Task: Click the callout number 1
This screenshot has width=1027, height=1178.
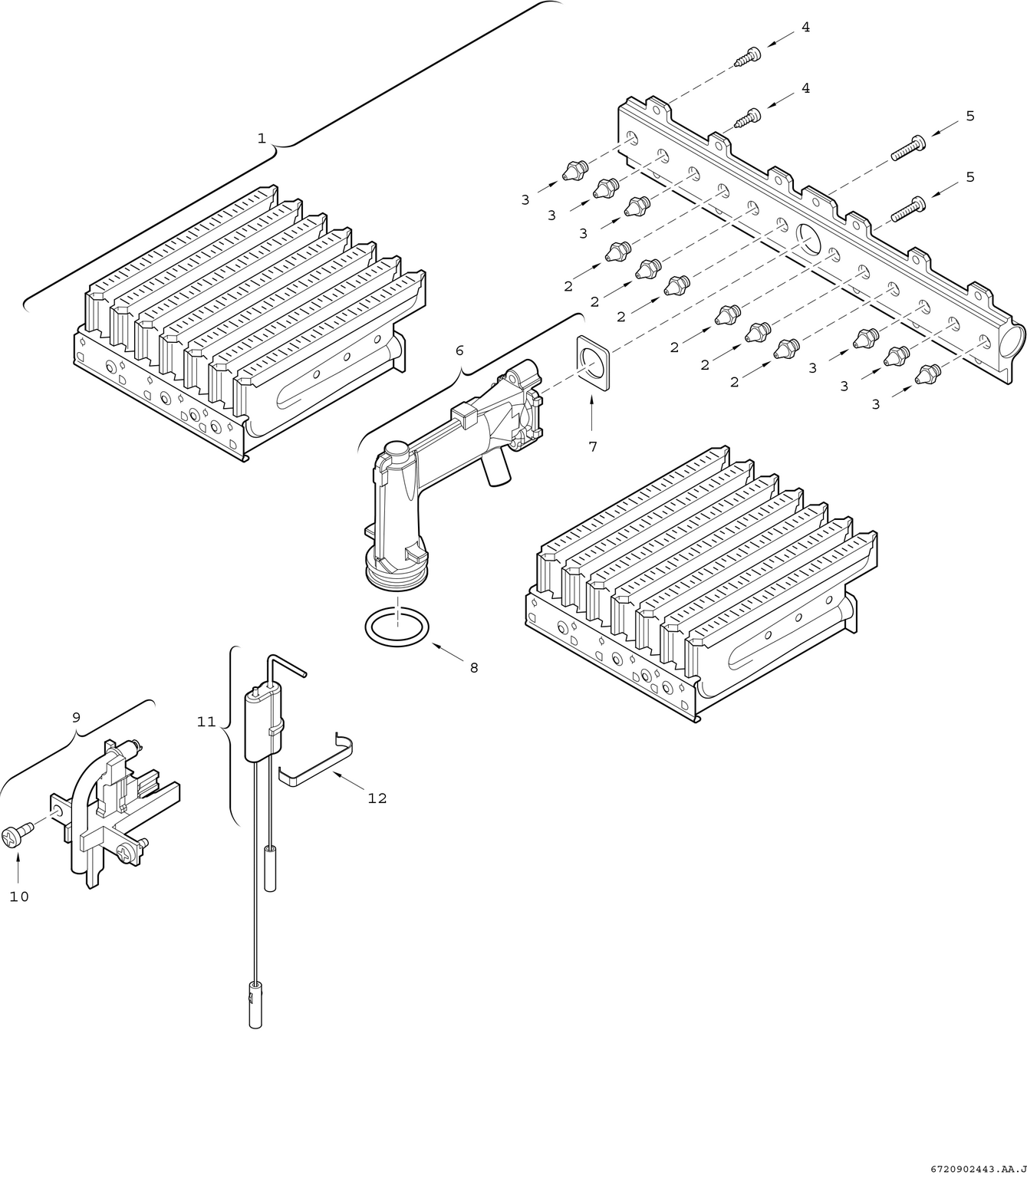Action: [x=262, y=138]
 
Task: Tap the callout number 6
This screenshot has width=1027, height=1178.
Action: [x=459, y=350]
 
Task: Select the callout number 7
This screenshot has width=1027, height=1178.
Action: [x=592, y=446]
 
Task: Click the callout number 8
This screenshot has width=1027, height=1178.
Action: [x=473, y=667]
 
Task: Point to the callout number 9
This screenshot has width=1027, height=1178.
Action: [x=76, y=717]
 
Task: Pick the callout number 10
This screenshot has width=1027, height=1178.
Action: [x=19, y=896]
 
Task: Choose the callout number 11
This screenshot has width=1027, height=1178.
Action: [x=206, y=722]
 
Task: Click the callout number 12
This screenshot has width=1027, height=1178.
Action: [x=377, y=798]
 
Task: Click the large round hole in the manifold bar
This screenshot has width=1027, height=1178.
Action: [x=808, y=239]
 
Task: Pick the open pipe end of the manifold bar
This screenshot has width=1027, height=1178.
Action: [x=1013, y=337]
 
